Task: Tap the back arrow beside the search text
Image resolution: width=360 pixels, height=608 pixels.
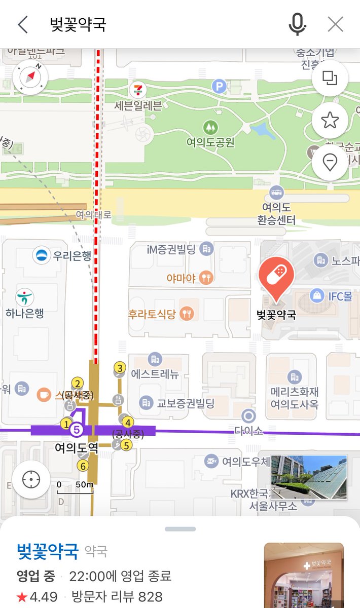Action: [23, 24]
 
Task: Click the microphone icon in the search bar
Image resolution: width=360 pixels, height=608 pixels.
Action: [298, 24]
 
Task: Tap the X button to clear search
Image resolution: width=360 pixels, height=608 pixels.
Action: [335, 24]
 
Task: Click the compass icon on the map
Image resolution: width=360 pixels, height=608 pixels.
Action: [30, 78]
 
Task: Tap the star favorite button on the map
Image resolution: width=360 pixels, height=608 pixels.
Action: [330, 120]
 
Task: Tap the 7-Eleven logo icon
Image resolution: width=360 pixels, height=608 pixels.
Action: [136, 90]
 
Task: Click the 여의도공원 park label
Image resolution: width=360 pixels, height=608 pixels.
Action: [210, 142]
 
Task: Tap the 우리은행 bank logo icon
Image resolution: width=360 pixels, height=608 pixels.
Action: [42, 255]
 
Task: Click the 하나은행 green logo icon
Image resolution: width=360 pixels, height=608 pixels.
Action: [24, 296]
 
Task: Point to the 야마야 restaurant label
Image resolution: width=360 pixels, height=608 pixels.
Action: [181, 278]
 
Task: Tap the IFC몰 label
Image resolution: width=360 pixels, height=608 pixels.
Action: [340, 296]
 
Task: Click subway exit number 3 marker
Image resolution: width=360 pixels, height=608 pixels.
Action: [120, 368]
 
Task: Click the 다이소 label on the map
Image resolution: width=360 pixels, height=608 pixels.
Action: [248, 431]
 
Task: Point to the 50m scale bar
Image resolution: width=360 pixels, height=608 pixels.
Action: [75, 487]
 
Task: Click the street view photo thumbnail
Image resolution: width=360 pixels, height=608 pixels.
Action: [309, 477]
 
